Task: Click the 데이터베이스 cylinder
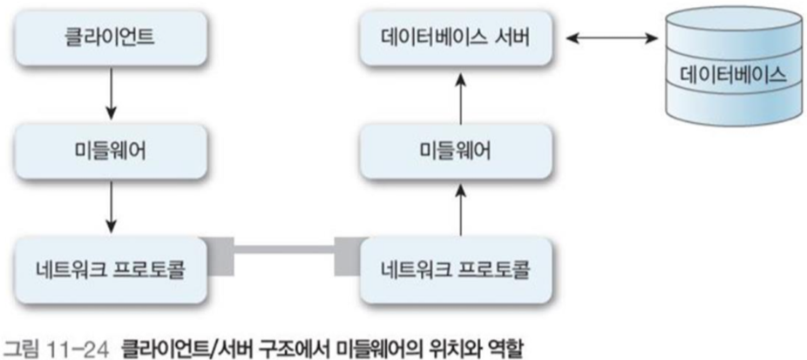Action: tap(732, 74)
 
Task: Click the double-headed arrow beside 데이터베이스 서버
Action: tap(610, 39)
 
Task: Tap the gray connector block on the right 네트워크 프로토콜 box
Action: tap(350, 251)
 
